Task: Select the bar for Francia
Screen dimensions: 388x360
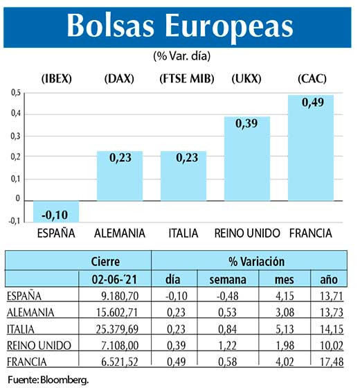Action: pos(310,152)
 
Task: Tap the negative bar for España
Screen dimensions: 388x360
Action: pos(56,210)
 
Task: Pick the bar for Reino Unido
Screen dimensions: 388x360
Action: pos(246,163)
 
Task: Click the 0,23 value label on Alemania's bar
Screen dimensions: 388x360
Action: pos(119,157)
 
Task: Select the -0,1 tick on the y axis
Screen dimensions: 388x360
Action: pos(15,221)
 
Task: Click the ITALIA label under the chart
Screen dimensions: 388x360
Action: pos(183,233)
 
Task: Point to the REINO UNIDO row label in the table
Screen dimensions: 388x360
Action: pos(35,344)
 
